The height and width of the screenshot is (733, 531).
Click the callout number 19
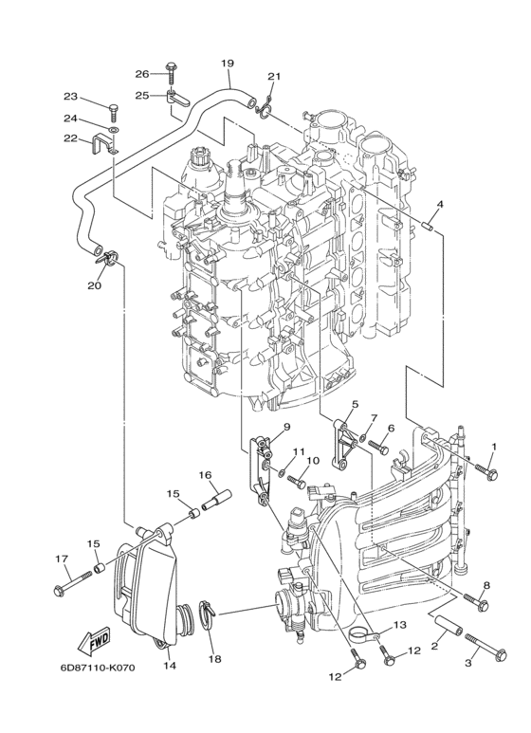pyautogui.click(x=227, y=64)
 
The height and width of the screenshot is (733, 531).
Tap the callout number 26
pyautogui.click(x=141, y=74)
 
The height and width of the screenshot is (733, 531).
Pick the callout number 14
pyautogui.click(x=170, y=666)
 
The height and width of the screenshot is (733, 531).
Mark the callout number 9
pyautogui.click(x=284, y=429)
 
